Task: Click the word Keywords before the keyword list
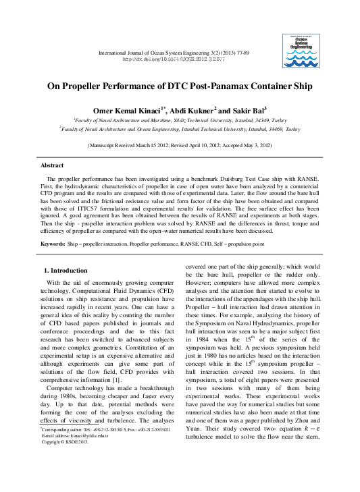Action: click(x=53, y=243)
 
